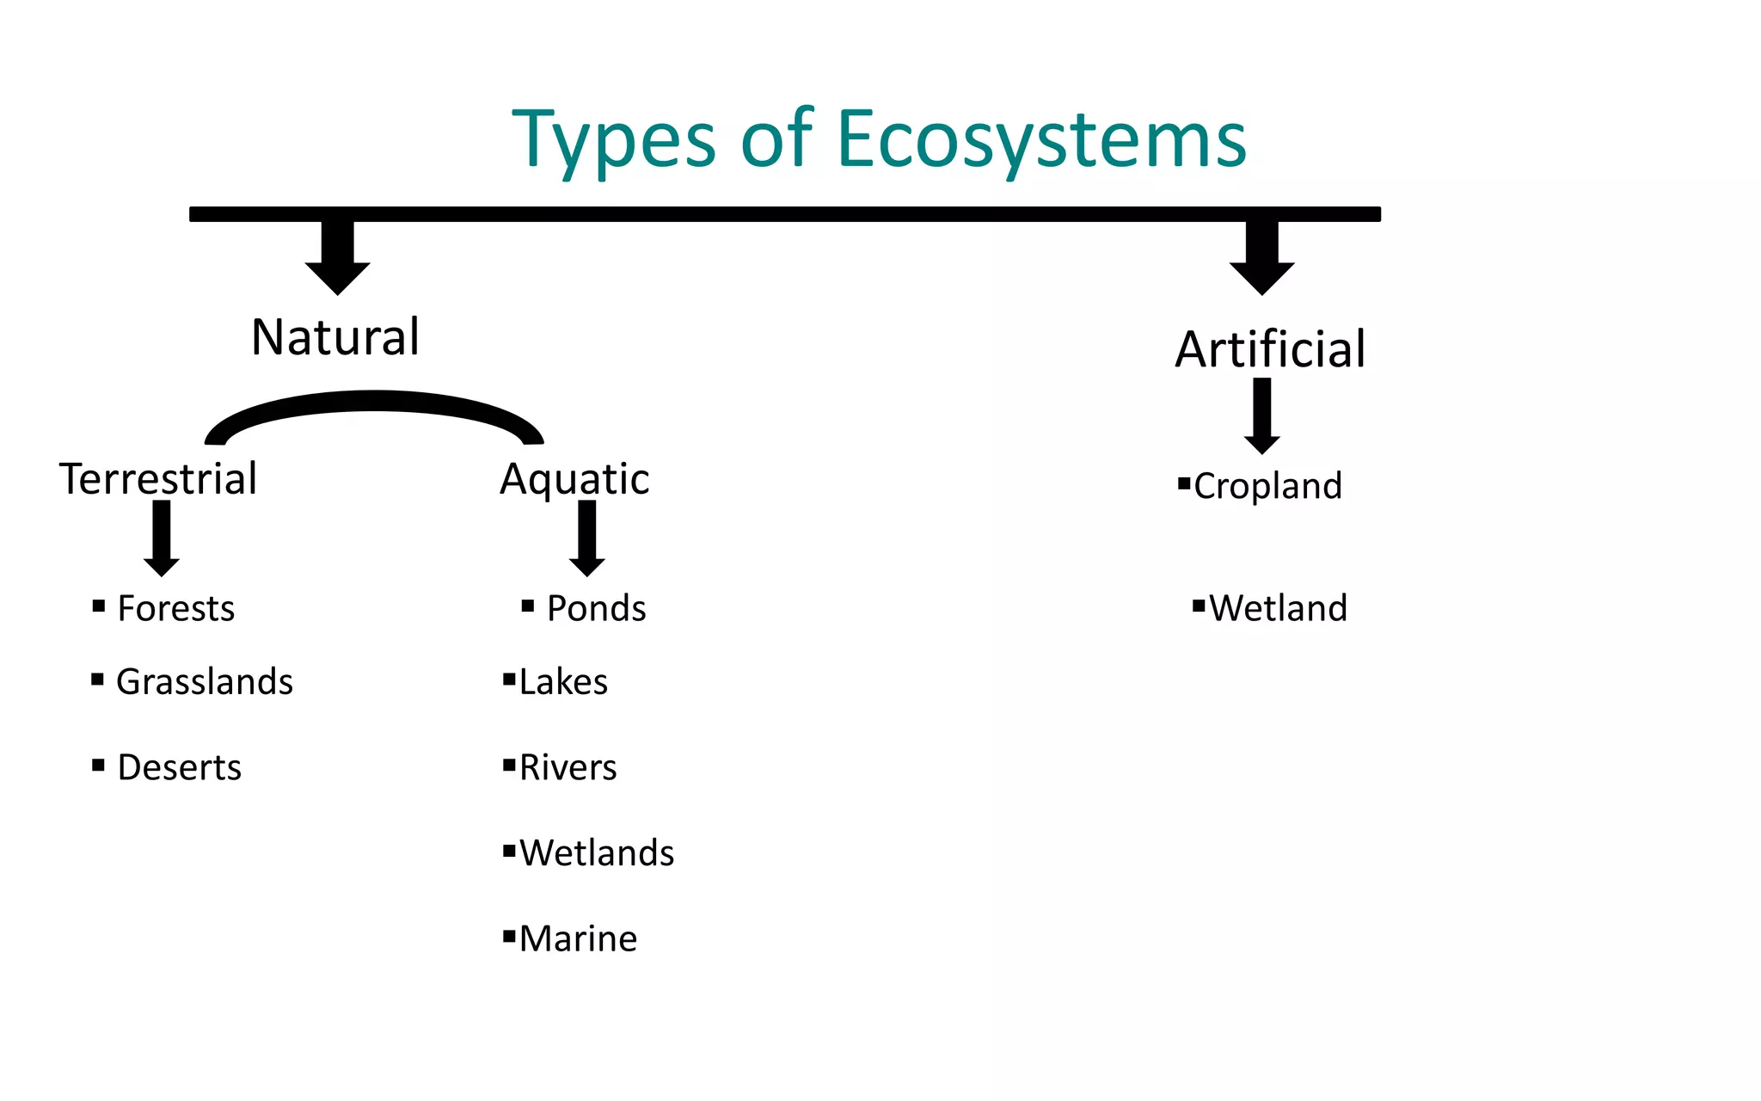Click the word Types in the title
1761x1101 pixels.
[614, 139]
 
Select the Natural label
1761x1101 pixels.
[335, 337]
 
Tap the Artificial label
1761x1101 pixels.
[1270, 350]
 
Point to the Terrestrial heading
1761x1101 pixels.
[158, 479]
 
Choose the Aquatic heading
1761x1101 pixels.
[574, 479]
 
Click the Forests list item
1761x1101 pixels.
[175, 609]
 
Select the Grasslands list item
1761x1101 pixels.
[205, 682]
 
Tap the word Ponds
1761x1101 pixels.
[596, 609]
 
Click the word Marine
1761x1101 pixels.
[578, 939]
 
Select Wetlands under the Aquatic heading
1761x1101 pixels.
[597, 853]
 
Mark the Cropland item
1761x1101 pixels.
[1267, 487]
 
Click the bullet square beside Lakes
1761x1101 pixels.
[509, 680]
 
